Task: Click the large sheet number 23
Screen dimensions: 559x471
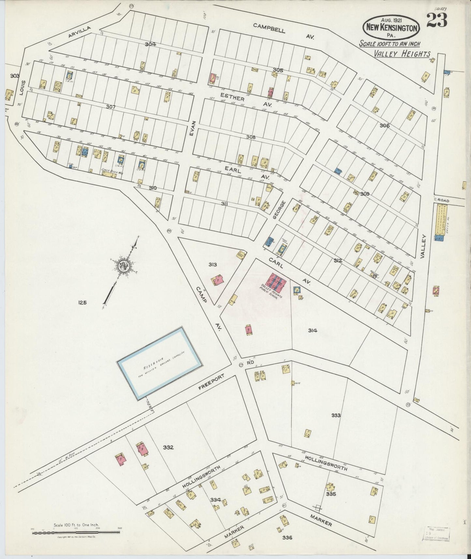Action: [436, 21]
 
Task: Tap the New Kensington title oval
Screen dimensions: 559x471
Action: [391, 28]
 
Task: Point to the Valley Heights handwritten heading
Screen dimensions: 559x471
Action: [402, 54]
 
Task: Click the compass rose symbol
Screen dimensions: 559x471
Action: [125, 266]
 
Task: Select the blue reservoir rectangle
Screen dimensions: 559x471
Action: [159, 363]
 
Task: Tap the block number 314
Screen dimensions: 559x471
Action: [313, 330]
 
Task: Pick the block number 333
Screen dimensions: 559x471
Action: [336, 415]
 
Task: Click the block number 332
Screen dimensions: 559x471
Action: [168, 447]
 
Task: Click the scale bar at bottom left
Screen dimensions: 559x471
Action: [76, 533]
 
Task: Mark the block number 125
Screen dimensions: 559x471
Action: [82, 303]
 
